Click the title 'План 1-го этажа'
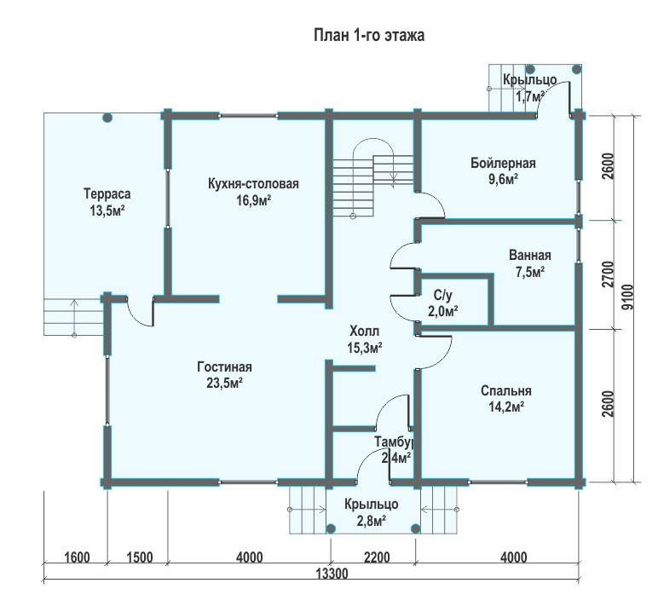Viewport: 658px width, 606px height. (369, 35)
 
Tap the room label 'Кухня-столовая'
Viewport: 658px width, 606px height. (253, 184)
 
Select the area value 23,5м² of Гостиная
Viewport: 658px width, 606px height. (225, 384)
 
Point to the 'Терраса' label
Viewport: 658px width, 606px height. (107, 193)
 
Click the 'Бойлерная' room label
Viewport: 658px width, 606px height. (503, 163)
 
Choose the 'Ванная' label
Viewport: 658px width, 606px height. (530, 255)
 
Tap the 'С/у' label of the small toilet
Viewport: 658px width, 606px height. (442, 296)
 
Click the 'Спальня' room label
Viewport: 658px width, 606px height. (506, 390)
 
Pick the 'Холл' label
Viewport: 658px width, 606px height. (364, 331)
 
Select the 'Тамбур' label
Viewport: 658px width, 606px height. (395, 442)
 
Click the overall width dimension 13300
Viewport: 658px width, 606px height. (332, 574)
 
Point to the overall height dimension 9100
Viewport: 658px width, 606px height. (628, 297)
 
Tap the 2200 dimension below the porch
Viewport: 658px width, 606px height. (377, 557)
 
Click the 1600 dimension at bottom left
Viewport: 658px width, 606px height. (78, 557)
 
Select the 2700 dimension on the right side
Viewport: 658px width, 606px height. (608, 274)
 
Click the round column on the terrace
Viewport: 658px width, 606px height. (107, 118)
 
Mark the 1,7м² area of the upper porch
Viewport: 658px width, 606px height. (530, 96)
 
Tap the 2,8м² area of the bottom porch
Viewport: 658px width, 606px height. (372, 522)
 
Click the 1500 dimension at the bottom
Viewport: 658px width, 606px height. (140, 557)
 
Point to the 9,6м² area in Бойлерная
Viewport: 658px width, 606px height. (503, 180)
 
